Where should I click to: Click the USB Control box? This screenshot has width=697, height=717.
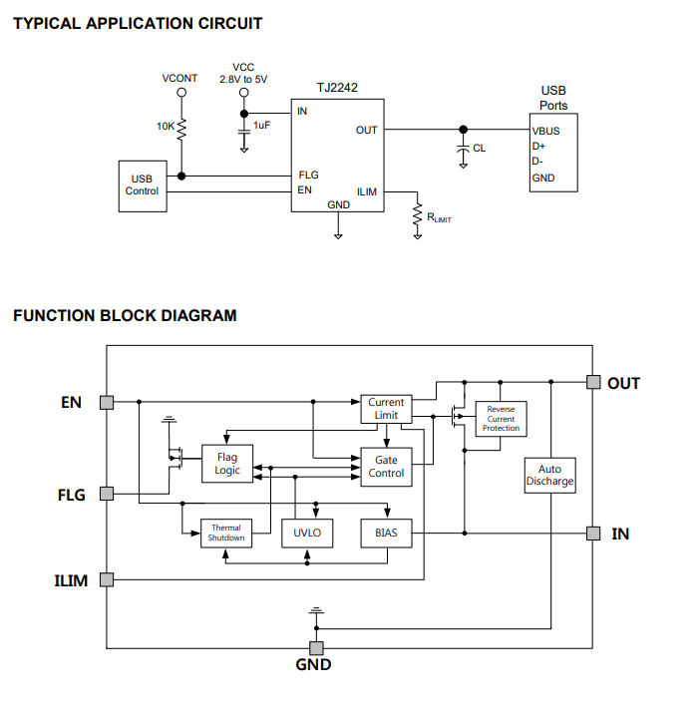142,184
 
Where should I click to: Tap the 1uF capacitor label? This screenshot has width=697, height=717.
261,125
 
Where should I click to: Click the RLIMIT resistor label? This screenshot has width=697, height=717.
439,217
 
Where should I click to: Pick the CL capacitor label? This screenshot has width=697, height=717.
480,148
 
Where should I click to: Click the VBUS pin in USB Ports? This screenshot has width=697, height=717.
545,130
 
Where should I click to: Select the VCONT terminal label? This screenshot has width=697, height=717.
180,78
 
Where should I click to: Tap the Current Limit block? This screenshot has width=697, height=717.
386,409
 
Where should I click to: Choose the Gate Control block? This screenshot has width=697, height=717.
386,467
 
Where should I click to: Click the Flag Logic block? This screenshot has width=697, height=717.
227,464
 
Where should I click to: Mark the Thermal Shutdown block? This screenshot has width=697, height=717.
225,533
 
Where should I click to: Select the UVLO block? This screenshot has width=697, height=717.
307,533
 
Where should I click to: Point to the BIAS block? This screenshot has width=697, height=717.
386,533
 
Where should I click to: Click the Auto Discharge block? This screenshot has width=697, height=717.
549,476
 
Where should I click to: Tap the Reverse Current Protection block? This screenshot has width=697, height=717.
502,419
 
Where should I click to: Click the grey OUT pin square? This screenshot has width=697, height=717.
592,382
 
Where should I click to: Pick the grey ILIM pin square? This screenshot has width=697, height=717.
107,579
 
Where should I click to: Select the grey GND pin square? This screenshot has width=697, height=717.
318,647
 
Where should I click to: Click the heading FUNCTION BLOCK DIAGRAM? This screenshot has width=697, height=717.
125,316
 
